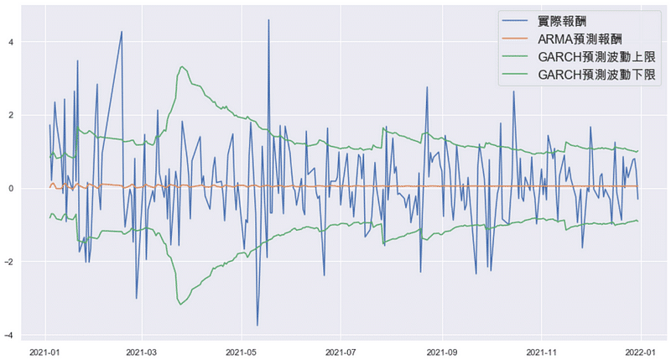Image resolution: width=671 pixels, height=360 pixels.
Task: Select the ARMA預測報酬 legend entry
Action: (x=579, y=39)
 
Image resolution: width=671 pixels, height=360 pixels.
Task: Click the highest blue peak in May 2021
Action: (x=268, y=20)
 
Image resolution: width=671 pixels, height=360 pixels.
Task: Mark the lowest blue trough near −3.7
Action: (x=257, y=325)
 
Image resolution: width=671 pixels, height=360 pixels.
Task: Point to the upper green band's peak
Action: (x=182, y=66)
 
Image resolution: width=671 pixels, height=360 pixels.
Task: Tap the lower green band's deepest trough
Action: (x=180, y=304)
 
